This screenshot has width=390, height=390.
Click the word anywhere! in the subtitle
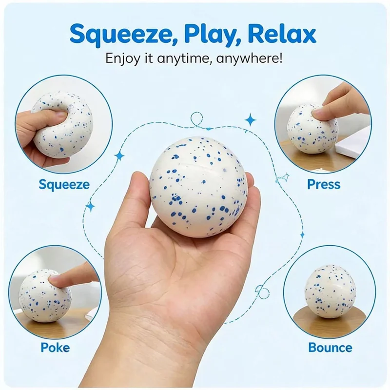[x=249, y=58]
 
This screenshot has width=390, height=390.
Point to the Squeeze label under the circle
[x=64, y=185]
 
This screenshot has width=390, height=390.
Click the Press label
[x=324, y=184]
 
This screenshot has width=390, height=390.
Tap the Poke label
[x=55, y=348]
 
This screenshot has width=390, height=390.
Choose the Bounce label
[x=331, y=348]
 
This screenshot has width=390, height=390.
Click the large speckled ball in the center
[x=198, y=187]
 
